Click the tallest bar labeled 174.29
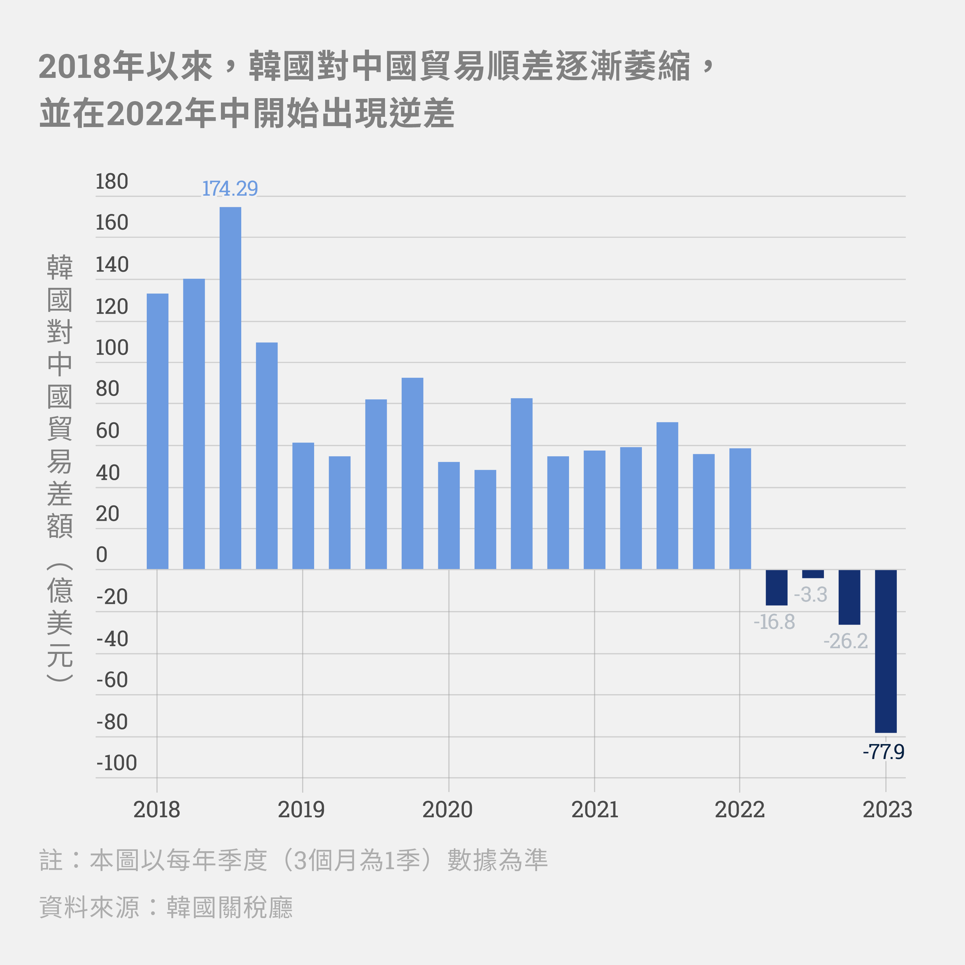pos(230,387)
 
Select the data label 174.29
pos(230,189)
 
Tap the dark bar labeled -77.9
pos(885,651)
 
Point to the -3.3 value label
pos(810,594)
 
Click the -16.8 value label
pos(774,622)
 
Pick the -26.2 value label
pos(846,641)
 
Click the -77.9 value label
pos(883,752)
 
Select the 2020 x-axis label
pos(447,810)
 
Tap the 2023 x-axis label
pos(887,810)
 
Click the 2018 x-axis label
pos(156,810)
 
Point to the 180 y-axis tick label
pos(112,181)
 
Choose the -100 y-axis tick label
pos(116,763)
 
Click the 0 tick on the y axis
pos(101,554)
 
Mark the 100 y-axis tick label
pos(112,347)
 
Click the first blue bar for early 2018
pos(157,431)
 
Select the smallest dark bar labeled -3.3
pos(813,574)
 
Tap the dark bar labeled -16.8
pos(776,587)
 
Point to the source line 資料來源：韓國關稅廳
pos(166,907)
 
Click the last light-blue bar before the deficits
pos(740,509)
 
